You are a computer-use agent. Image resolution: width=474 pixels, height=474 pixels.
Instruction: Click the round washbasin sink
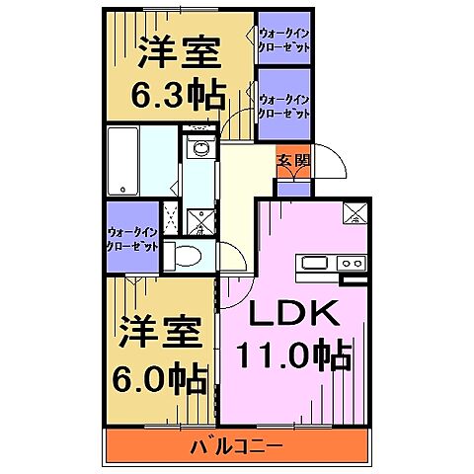pos(200,149)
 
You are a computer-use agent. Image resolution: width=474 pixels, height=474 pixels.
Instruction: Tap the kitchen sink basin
pos(315,263)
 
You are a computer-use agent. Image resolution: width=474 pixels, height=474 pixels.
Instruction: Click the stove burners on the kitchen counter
pos(351,263)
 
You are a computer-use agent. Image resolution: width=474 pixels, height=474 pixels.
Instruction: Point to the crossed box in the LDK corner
pos(355,212)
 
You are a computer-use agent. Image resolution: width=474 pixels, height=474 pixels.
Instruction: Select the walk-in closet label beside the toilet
pos(132,239)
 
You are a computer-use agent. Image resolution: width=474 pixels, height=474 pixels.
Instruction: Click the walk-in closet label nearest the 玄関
pos(284,106)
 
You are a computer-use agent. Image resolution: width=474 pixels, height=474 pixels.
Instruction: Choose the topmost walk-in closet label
pos(284,40)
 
